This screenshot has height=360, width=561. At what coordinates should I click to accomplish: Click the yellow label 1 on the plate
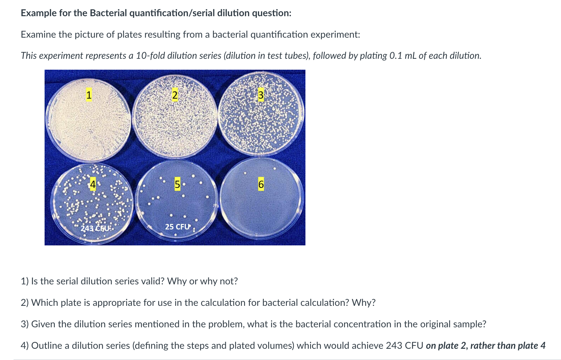coord(88,94)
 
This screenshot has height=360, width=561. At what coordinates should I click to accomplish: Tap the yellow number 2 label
coord(175,95)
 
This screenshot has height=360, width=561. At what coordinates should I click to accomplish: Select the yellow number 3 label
coord(261,95)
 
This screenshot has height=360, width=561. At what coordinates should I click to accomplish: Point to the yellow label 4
coord(93,184)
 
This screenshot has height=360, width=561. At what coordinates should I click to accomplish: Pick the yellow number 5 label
coord(177,184)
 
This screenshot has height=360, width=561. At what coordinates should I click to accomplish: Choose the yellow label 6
coord(261,184)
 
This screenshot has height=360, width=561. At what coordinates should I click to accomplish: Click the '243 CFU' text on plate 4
coord(95,228)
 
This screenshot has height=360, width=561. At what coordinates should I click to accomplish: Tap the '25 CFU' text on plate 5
coord(178,227)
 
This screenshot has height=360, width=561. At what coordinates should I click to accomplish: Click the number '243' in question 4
coord(394,345)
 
